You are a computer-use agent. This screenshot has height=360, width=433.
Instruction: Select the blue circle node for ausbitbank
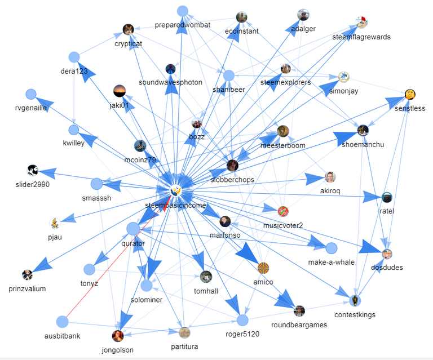click(62, 322)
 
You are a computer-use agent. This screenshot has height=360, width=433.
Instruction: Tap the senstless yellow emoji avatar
click(410, 94)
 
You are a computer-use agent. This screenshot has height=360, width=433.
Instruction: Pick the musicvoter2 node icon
click(283, 212)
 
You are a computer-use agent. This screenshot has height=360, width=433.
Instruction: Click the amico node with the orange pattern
click(263, 268)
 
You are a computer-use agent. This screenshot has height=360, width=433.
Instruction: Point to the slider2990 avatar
click(32, 170)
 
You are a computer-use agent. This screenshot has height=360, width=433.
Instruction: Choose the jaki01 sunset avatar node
click(120, 91)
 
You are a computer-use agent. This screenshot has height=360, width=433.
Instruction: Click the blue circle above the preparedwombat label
click(182, 11)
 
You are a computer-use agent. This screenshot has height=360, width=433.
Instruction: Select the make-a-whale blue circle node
click(331, 248)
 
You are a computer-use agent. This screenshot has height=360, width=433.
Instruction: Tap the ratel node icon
click(387, 197)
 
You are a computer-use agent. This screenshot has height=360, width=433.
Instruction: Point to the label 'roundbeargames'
click(298, 325)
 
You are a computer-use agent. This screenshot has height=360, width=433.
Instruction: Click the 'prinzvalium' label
click(27, 289)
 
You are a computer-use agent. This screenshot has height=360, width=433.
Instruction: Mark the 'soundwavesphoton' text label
click(170, 82)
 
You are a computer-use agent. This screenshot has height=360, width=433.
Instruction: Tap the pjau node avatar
click(55, 223)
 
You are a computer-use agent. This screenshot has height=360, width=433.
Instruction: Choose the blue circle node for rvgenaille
click(31, 95)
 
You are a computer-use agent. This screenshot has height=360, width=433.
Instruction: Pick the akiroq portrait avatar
click(330, 177)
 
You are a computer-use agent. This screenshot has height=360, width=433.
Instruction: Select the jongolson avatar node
click(117, 336)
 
